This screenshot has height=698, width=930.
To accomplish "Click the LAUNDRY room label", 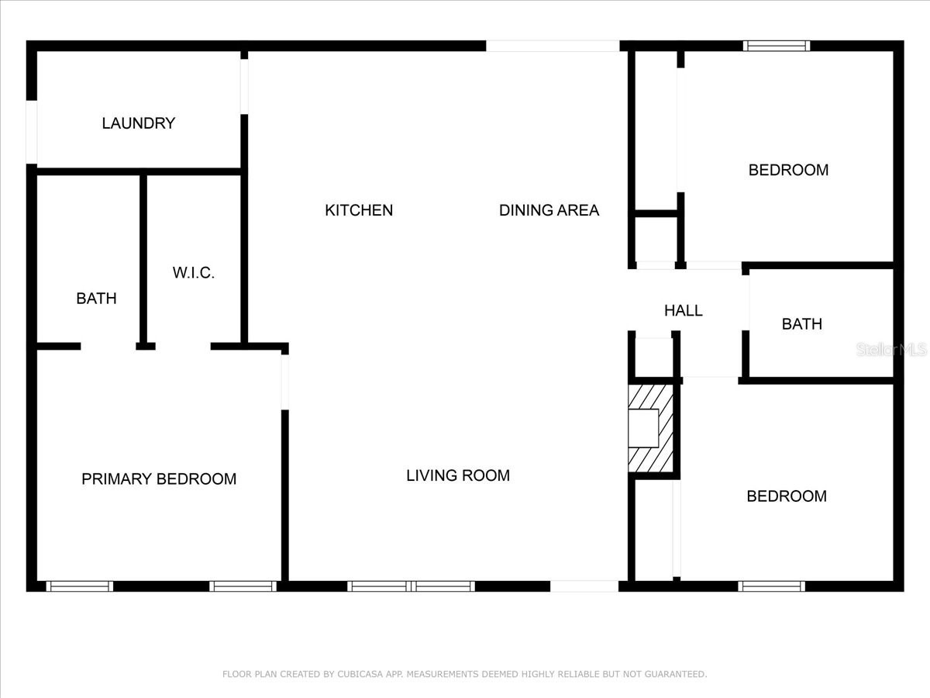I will [x=139, y=123].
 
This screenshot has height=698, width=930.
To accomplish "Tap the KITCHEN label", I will [x=359, y=210].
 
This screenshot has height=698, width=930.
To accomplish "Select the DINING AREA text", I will [x=549, y=210].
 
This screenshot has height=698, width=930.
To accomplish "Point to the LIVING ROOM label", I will [x=458, y=475].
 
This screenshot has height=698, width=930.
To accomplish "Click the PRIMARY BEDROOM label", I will [x=159, y=479].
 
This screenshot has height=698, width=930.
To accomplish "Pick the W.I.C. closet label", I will [x=193, y=273].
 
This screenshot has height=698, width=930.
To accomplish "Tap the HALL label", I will [x=684, y=311].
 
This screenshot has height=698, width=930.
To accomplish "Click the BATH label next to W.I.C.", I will [x=96, y=299].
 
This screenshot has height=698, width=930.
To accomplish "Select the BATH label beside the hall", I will [x=801, y=324].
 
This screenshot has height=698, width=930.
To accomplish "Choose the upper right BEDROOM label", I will [x=788, y=170].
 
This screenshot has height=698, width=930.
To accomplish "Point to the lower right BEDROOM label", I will [x=786, y=496].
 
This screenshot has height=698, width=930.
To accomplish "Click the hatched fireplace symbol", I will [x=651, y=428].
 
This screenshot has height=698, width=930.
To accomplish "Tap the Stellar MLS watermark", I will [x=891, y=350].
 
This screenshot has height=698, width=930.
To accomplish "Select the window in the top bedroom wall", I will [x=777, y=46].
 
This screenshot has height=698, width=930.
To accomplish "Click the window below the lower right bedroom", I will [x=772, y=586].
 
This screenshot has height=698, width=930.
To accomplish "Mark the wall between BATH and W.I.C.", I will [x=143, y=260].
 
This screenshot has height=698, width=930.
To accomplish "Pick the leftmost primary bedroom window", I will [x=80, y=586].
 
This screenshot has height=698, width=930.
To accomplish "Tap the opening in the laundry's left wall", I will [x=32, y=133].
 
